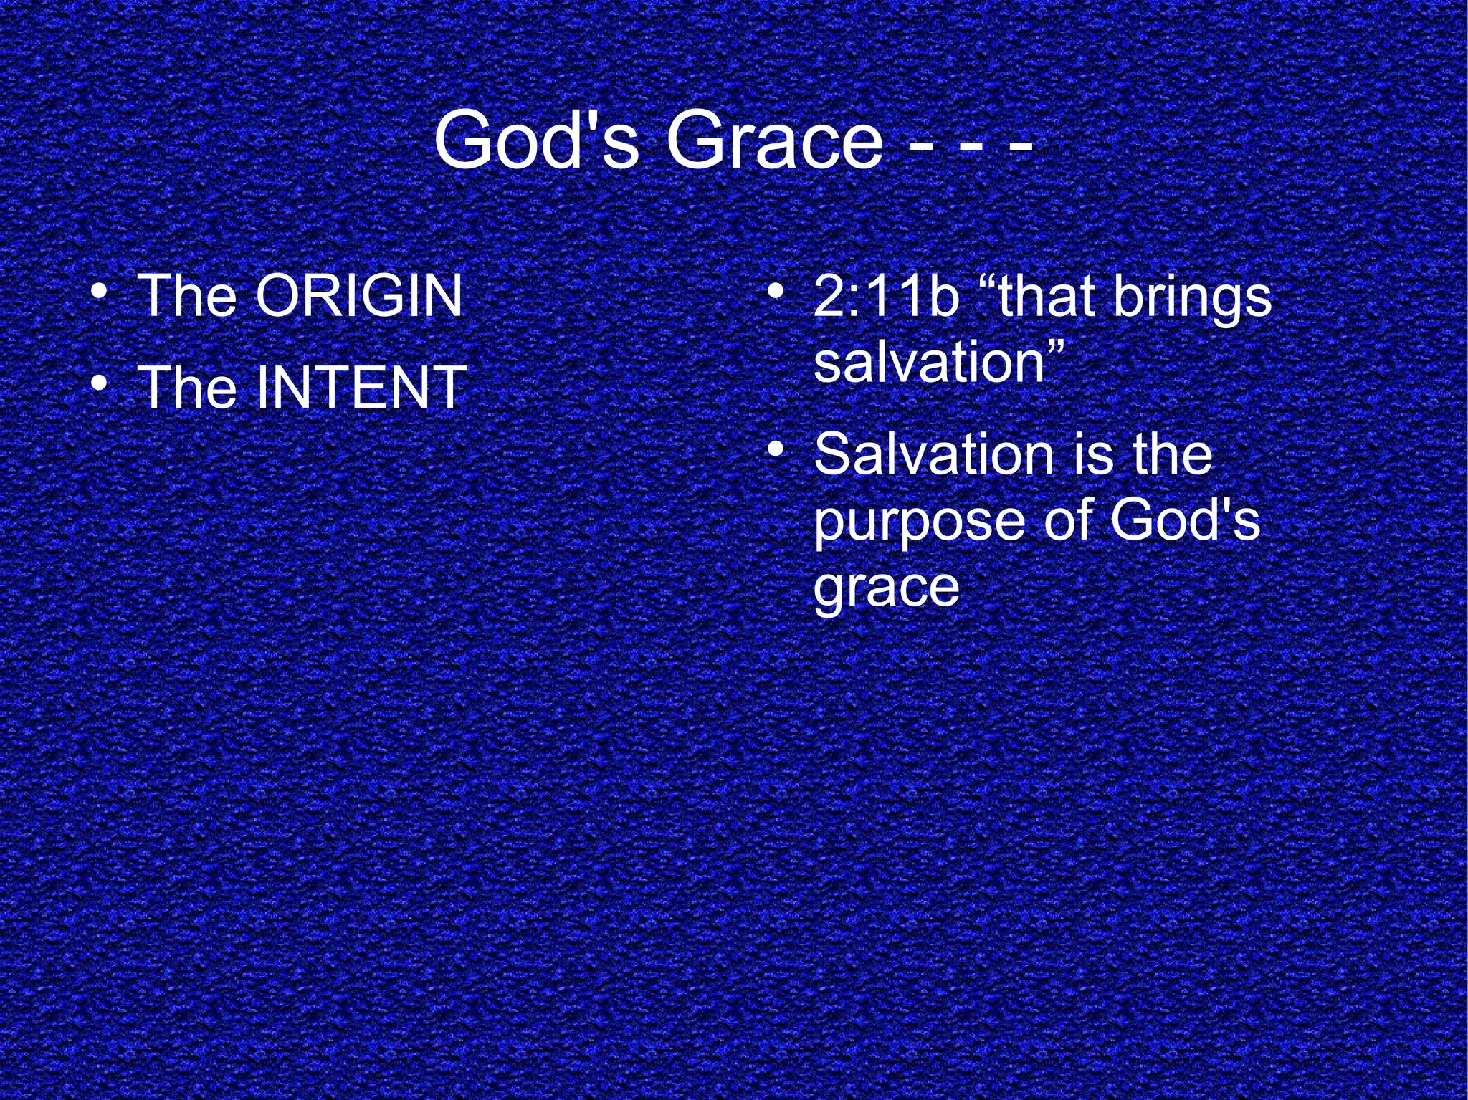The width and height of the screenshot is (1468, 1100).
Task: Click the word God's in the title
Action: [536, 140]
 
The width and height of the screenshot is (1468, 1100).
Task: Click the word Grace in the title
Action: [774, 140]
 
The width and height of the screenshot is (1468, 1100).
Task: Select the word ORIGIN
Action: [359, 295]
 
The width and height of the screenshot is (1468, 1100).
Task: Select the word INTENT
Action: [361, 387]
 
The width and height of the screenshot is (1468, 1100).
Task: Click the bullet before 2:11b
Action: [773, 292]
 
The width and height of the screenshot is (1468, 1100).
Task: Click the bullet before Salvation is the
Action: [773, 450]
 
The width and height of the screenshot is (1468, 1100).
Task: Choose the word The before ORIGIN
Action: [187, 295]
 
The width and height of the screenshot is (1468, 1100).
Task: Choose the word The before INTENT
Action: [187, 387]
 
